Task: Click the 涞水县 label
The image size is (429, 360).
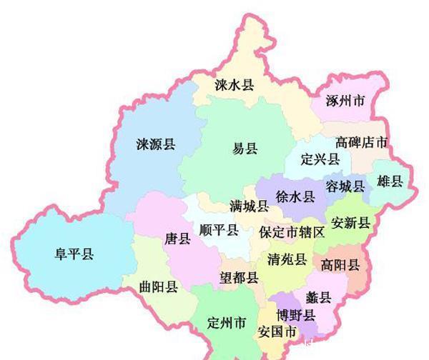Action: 235,85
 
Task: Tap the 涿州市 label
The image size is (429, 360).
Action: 345,101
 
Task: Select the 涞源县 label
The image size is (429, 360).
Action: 155,145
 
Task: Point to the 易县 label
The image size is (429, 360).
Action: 245,149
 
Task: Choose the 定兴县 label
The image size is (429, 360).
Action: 320,159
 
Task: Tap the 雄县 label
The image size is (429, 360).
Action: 390,181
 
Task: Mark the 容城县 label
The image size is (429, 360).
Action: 345,186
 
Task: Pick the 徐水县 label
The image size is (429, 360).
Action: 295,196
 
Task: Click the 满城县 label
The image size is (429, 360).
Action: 249,206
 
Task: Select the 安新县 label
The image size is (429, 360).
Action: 350,223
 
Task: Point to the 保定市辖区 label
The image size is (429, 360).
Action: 292,232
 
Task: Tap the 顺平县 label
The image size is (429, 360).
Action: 219,230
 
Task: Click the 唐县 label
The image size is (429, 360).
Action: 177,239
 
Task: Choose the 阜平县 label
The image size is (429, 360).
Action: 74,254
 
